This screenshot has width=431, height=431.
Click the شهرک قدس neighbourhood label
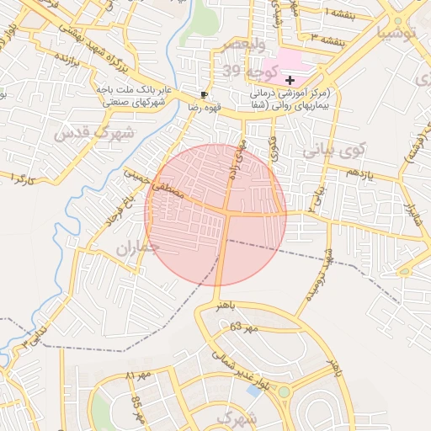coord(94,133)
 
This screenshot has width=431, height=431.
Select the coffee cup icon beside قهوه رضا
coord(203,94)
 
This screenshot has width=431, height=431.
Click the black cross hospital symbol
coord(290,78)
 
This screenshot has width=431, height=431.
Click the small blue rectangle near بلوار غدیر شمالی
coord(253,391)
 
